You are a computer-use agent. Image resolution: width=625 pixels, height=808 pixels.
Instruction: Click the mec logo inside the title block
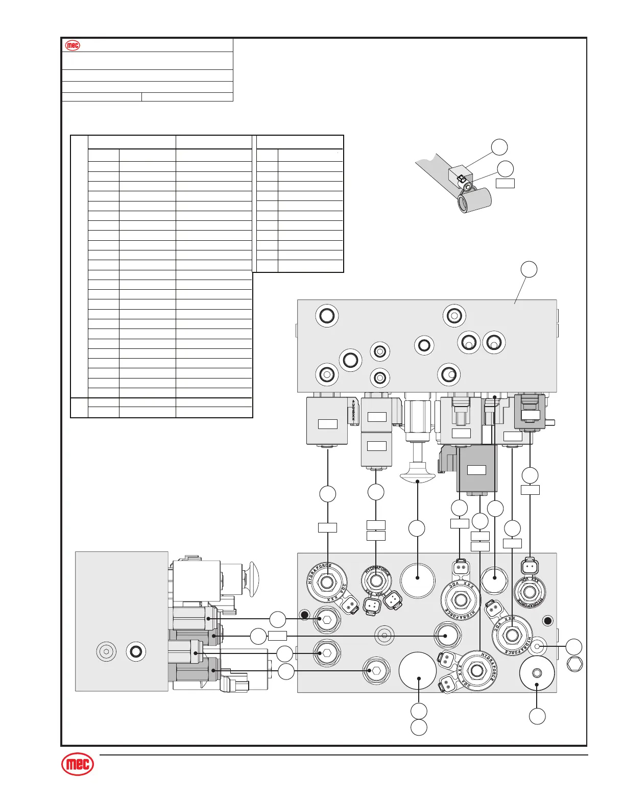(x=73, y=45)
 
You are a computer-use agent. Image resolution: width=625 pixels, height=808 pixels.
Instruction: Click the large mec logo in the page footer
(x=78, y=765)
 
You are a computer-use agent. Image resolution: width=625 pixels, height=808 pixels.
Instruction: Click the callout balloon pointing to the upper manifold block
(x=530, y=269)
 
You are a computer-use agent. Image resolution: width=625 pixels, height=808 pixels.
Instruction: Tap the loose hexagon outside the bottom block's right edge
(x=575, y=664)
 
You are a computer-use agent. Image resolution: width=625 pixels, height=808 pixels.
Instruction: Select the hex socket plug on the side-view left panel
(x=106, y=651)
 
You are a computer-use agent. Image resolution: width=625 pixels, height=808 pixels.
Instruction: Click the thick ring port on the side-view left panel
(x=136, y=651)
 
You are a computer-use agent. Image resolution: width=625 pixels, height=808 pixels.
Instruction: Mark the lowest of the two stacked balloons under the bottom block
(x=419, y=727)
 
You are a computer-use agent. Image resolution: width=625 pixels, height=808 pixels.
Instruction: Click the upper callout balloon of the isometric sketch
(x=500, y=147)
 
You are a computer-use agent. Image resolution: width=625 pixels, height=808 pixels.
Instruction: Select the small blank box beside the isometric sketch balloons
(x=506, y=183)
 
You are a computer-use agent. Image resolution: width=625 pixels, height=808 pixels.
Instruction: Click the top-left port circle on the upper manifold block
(x=326, y=316)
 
